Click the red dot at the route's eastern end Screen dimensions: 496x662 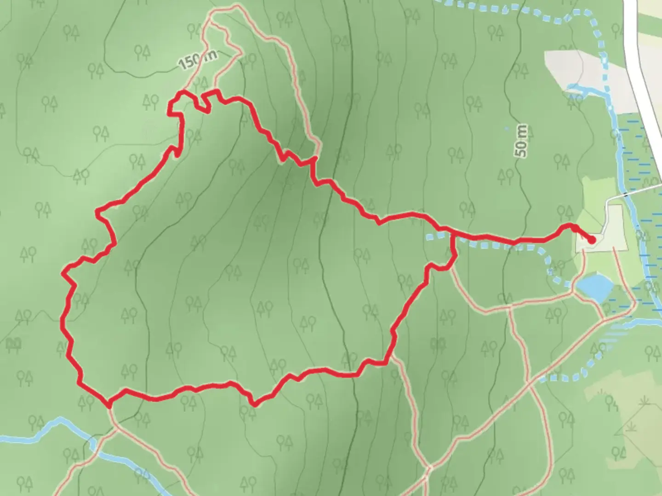click(592, 239)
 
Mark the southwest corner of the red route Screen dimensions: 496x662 click(109, 405)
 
